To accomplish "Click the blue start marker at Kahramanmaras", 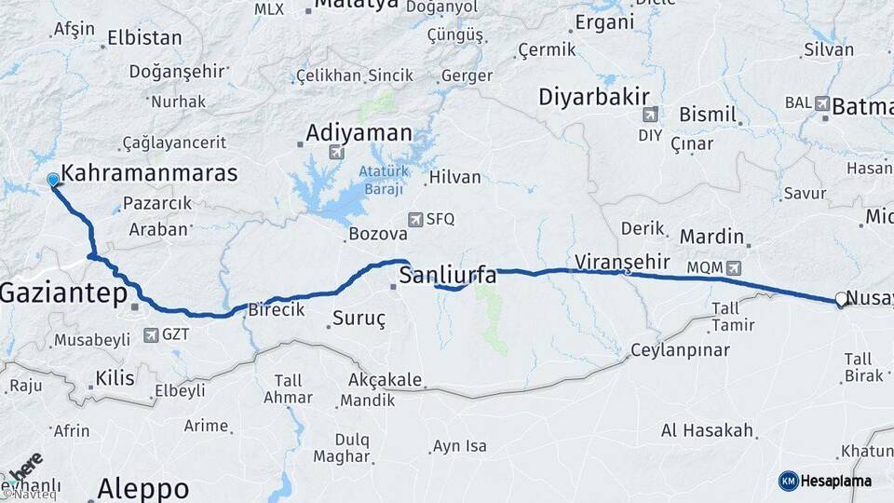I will [52, 179].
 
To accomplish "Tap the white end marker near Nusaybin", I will [841, 299].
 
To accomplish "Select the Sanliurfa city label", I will [448, 275].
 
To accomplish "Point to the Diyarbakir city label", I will [594, 97].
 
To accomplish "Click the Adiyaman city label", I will [359, 132].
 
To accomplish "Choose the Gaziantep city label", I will [62, 293].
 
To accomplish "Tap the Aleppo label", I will [143, 487].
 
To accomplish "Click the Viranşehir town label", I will [621, 260].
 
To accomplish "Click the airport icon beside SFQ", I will [416, 219].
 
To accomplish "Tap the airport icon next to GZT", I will [151, 333].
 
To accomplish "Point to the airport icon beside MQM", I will [735, 267].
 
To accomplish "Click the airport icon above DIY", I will [648, 116].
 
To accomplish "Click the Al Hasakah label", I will [706, 430].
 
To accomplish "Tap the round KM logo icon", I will [788, 481].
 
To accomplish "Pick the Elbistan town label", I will [144, 38].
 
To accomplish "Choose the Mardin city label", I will [711, 237].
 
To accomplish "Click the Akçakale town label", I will [384, 380].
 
